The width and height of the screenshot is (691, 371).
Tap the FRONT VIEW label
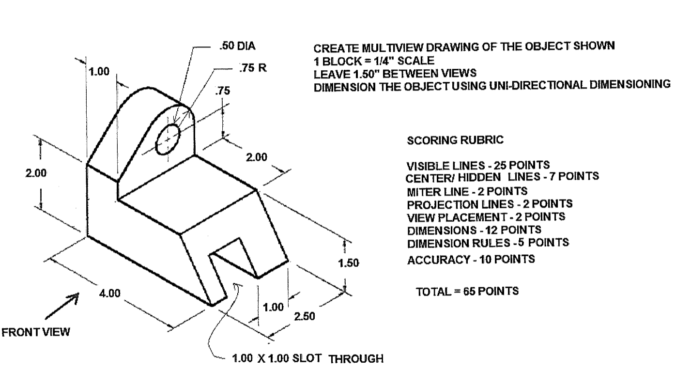[36, 332]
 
